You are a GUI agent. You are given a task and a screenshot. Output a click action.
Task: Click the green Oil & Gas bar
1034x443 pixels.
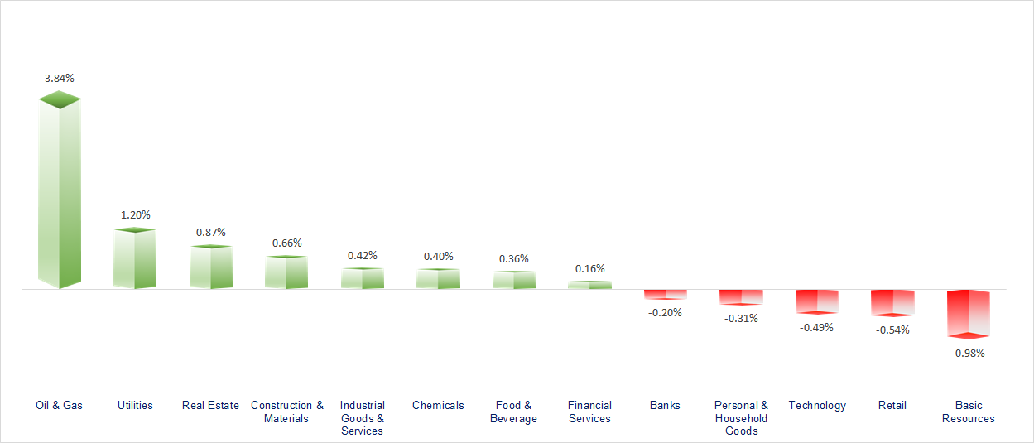(x=60, y=195)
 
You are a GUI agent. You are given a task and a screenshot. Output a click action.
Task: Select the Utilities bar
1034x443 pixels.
(x=135, y=259)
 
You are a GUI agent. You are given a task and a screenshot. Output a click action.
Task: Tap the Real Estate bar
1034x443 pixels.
(x=210, y=267)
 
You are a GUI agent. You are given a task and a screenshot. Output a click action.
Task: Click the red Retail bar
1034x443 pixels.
(x=892, y=302)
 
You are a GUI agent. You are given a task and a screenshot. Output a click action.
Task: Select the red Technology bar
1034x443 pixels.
(x=817, y=301)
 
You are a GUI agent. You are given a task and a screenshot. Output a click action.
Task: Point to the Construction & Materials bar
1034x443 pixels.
(x=286, y=272)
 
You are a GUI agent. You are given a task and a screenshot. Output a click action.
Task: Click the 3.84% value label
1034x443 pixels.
(x=60, y=78)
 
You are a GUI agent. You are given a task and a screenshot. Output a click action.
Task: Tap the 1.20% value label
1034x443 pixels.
(x=135, y=214)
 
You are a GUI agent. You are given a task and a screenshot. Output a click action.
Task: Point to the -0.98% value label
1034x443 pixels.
(x=968, y=353)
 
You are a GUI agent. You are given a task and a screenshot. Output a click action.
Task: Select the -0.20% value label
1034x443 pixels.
(x=666, y=312)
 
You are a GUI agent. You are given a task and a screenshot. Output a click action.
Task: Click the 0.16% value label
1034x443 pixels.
(x=590, y=268)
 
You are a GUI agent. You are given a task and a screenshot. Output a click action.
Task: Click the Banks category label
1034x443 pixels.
(x=666, y=405)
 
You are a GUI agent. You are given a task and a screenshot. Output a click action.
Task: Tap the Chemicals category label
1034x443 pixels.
(x=438, y=405)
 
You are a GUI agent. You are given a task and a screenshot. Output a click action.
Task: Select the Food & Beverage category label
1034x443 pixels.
(x=514, y=412)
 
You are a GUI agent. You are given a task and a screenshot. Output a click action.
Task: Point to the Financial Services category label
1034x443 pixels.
(x=589, y=412)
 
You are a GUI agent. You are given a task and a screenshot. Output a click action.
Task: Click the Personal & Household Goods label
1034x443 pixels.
(x=741, y=418)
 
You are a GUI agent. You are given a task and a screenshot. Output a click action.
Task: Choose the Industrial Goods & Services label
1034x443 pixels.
(x=362, y=418)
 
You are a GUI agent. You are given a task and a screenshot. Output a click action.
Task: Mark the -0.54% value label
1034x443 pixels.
(x=892, y=330)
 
